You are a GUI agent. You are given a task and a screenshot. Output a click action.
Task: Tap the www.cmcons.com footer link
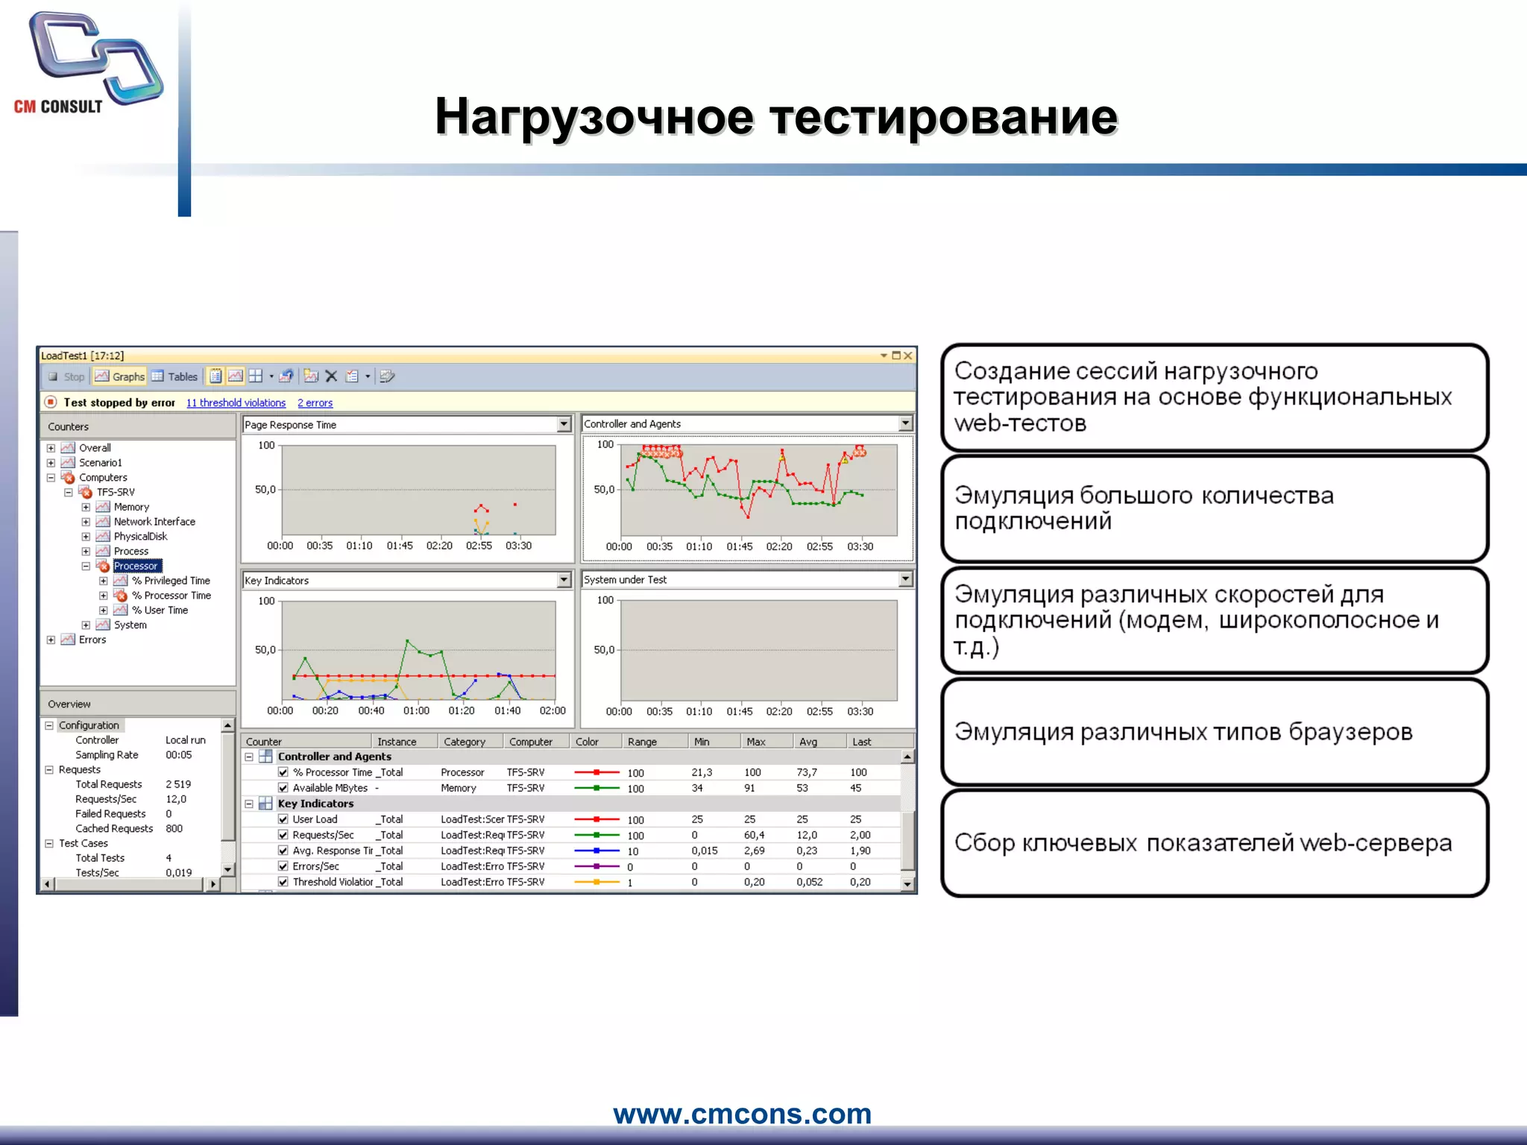tap(742, 1114)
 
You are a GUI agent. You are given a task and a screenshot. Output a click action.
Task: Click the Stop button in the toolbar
tap(66, 376)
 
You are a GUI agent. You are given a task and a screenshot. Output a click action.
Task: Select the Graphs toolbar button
tap(120, 376)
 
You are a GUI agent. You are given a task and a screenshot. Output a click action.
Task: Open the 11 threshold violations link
tap(236, 403)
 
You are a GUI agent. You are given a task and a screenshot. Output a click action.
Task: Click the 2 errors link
tap(315, 403)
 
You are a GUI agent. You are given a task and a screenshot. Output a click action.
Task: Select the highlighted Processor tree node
tap(136, 566)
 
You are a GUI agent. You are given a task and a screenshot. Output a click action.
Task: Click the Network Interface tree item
tap(154, 522)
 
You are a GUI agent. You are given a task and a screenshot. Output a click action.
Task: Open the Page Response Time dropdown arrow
tap(564, 424)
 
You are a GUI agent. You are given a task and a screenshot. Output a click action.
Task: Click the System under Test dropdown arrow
tap(905, 579)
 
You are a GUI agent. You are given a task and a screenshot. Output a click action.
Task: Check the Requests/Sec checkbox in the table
tap(283, 835)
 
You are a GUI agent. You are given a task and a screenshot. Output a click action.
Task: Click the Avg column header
tap(808, 742)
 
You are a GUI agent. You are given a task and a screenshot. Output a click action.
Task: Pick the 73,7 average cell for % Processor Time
tap(807, 772)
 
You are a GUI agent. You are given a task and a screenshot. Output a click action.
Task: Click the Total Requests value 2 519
tap(178, 784)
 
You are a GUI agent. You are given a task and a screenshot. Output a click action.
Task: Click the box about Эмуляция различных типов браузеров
tap(1215, 732)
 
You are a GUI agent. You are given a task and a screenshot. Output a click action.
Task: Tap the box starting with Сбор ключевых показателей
tap(1215, 844)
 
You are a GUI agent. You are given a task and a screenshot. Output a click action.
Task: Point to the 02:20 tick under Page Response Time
tap(439, 546)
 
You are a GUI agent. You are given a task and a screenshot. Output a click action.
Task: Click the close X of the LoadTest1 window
tap(908, 356)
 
